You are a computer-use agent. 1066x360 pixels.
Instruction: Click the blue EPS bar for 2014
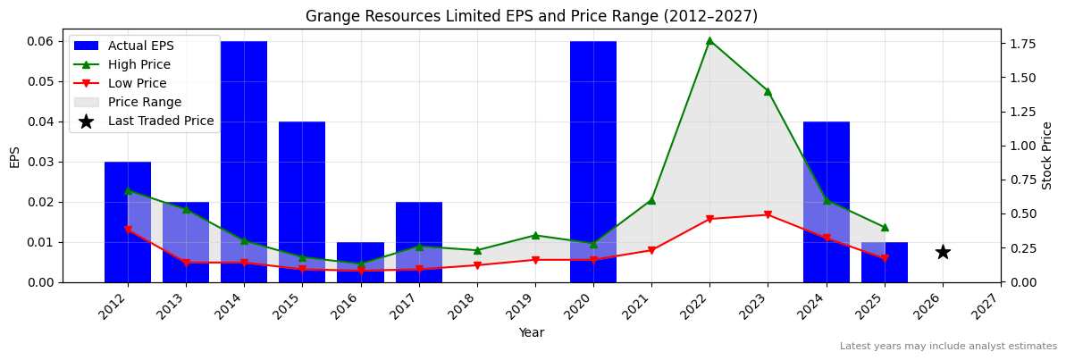[244, 161]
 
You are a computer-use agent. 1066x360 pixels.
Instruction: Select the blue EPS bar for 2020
[593, 161]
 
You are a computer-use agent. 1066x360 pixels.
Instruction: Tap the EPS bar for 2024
[827, 201]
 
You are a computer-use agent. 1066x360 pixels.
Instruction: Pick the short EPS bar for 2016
[360, 262]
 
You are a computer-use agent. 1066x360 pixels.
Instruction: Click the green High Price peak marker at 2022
[709, 40]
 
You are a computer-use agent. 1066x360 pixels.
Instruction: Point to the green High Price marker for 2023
[768, 91]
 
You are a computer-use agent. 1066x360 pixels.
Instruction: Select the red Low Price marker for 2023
[768, 215]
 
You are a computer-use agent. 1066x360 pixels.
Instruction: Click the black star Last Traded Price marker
[943, 252]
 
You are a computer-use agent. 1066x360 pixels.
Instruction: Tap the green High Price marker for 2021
[651, 200]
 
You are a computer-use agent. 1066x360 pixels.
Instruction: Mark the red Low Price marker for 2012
[128, 230]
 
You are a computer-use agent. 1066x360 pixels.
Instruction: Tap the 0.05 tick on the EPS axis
[41, 81]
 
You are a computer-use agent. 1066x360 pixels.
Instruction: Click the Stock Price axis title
[1047, 155]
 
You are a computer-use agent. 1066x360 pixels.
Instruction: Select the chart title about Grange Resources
[532, 16]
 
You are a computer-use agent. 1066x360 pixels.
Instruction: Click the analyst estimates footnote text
[948, 347]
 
